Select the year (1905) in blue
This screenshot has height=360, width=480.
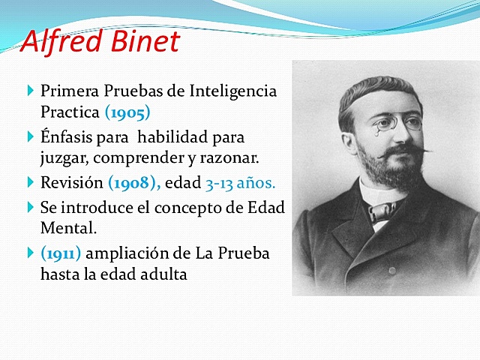click(127, 112)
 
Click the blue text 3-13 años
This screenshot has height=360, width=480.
click(240, 182)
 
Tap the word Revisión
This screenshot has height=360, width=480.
click(72, 182)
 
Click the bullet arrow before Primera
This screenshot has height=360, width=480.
click(30, 91)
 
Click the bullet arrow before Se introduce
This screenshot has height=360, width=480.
click(30, 207)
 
